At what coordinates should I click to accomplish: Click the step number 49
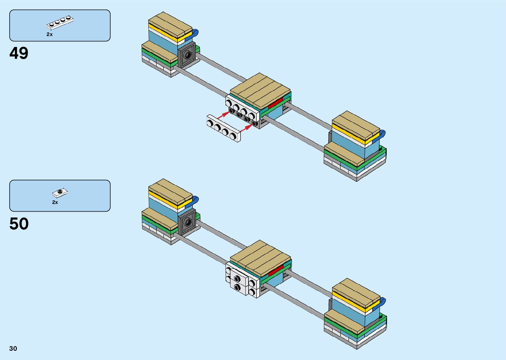tap(19, 53)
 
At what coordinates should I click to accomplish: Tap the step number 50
tap(19, 224)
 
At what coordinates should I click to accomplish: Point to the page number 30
tap(13, 348)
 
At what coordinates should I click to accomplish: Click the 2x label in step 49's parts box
tap(50, 34)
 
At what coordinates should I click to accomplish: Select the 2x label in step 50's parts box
tap(55, 202)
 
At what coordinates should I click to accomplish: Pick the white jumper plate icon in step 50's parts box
tap(60, 192)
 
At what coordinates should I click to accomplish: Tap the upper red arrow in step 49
tap(223, 114)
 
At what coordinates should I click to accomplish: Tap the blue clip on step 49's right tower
tap(382, 134)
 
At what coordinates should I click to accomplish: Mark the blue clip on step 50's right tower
tap(382, 301)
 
